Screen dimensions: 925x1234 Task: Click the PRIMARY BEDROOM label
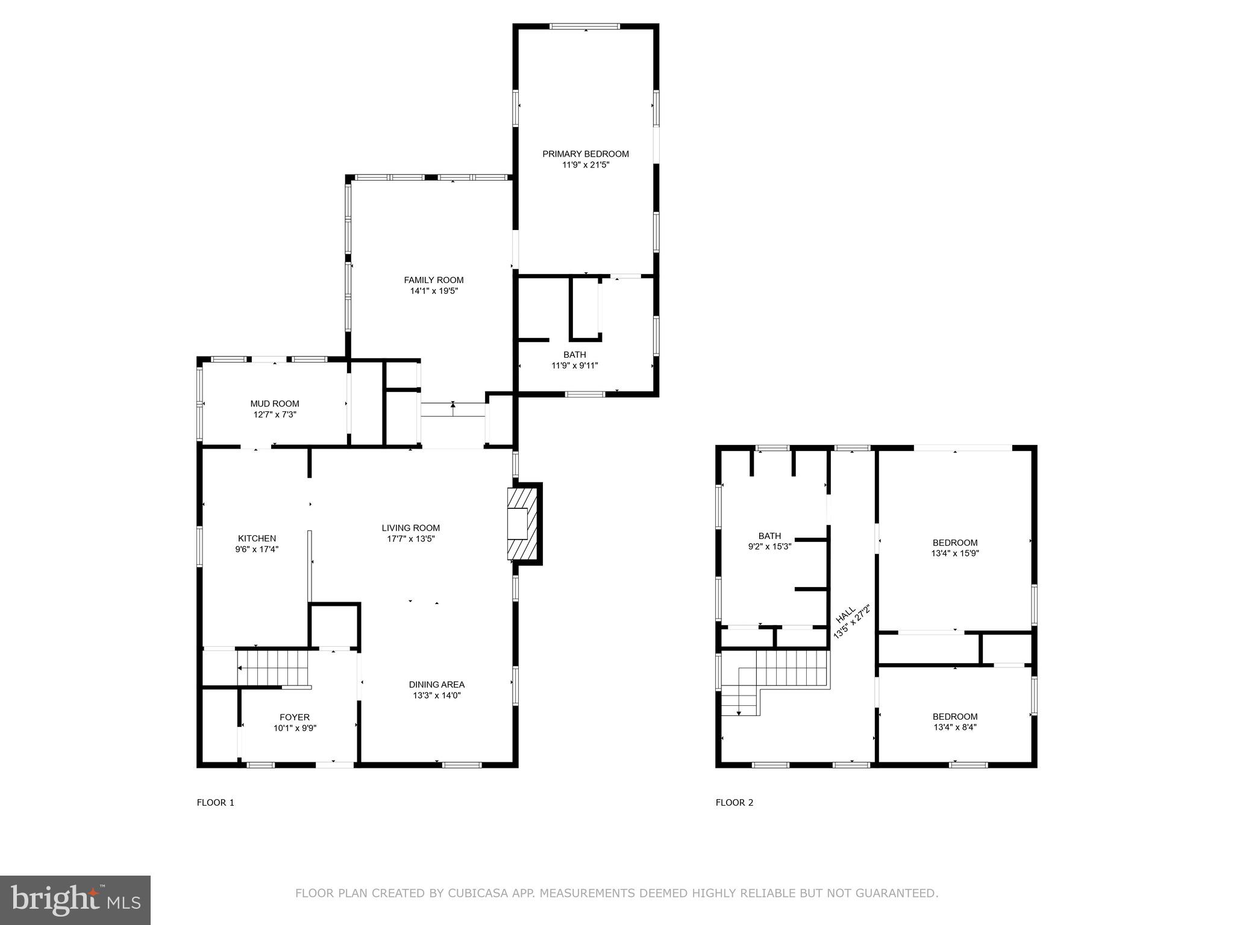585,154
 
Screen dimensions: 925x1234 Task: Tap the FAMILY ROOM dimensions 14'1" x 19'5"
433,291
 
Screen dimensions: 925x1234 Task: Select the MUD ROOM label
275,403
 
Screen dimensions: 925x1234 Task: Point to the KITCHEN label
257,538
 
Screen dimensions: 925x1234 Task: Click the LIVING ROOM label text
410,528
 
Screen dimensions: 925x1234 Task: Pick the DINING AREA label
436,685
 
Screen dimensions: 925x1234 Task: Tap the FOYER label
295,717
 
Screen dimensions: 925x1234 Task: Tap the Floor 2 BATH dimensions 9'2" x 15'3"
769,547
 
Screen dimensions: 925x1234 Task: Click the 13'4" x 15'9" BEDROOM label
954,543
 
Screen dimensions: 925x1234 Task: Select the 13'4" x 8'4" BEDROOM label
954,717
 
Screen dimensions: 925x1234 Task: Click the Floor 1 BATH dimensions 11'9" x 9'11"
574,366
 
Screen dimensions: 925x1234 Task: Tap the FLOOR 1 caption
215,803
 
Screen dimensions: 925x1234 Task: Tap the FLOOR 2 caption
734,803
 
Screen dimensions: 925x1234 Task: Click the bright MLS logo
75,900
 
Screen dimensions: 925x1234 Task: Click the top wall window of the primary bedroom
584,26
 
